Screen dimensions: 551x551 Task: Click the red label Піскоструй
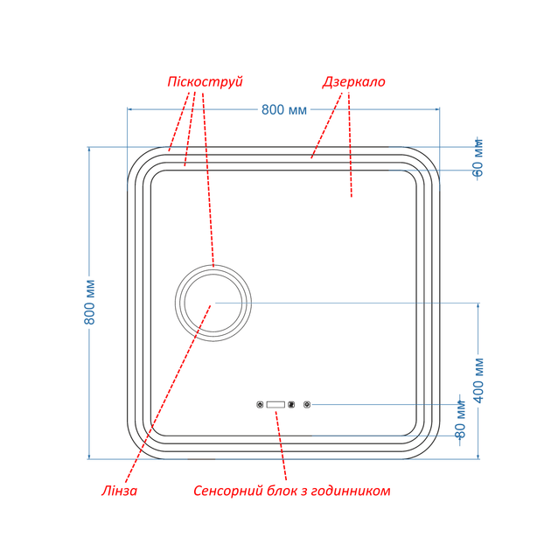[x=205, y=82]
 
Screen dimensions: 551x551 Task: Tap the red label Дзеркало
[x=353, y=82]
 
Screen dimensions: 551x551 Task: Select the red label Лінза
[x=119, y=491]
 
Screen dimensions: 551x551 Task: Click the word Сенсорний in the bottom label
[x=228, y=491]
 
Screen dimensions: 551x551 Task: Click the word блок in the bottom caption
[x=282, y=491]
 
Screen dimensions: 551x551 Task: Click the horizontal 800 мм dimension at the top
[x=284, y=109]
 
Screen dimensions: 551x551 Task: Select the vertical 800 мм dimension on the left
[x=89, y=302]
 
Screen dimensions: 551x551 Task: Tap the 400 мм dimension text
[x=478, y=380]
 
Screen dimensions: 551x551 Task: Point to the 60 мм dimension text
[x=478, y=157]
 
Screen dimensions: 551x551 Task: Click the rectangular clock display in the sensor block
[x=275, y=405]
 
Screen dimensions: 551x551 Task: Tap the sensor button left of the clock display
[x=260, y=405]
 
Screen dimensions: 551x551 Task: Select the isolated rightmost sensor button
[x=307, y=405]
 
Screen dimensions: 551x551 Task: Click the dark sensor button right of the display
[x=291, y=405]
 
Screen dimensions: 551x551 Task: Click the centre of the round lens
[x=213, y=303]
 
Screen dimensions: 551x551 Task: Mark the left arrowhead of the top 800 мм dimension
[x=129, y=109]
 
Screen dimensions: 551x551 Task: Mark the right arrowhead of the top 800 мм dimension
[x=437, y=109]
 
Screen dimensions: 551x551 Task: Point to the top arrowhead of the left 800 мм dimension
[x=89, y=150]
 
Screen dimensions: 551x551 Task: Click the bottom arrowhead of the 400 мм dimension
[x=478, y=457]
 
